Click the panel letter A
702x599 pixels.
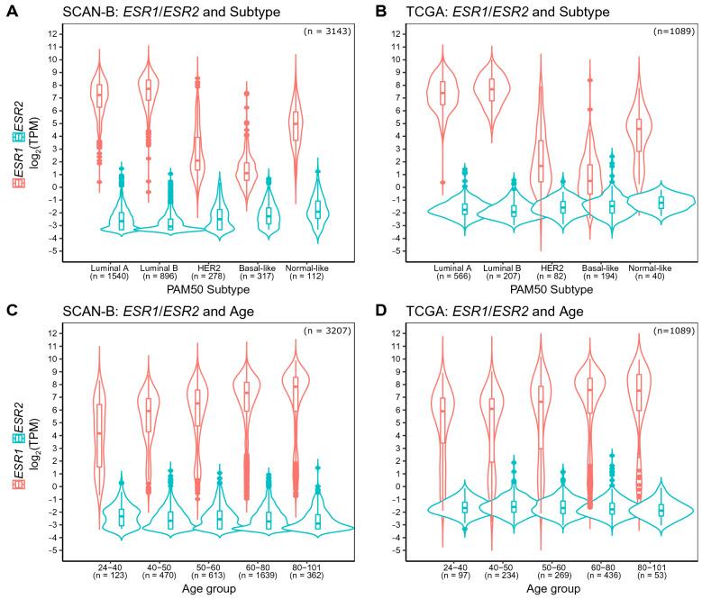click(8, 13)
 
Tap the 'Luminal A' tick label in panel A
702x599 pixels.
click(109, 268)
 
